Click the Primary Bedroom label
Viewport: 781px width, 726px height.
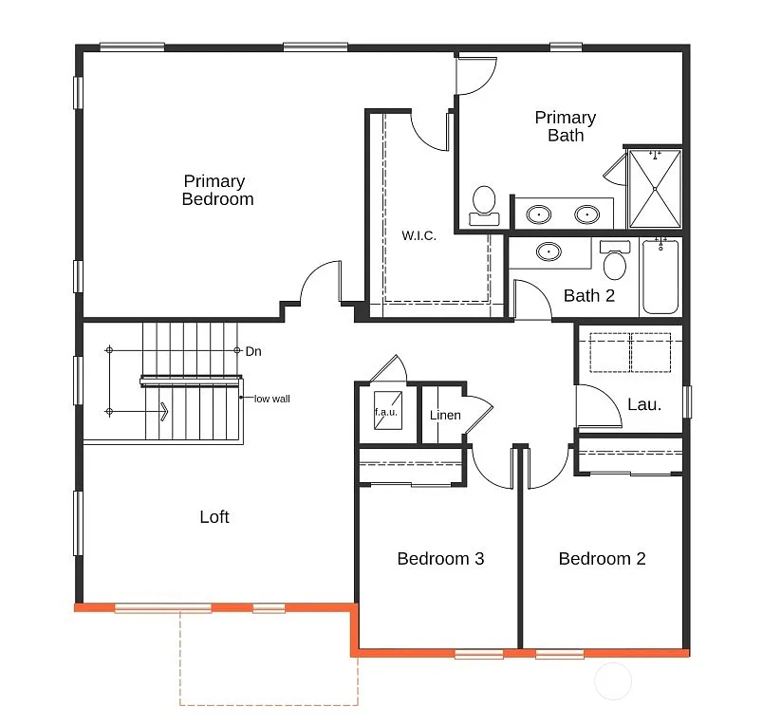[217, 190]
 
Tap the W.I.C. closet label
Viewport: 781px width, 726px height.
[418, 235]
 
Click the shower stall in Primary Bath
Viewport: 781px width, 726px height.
[655, 190]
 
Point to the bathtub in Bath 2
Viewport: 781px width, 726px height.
[660, 276]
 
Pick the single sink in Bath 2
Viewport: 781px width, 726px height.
[549, 252]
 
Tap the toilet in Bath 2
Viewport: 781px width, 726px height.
[615, 262]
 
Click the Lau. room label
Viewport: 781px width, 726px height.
[644, 404]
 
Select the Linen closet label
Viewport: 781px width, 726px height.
[445, 416]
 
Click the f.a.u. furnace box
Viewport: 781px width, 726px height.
[386, 411]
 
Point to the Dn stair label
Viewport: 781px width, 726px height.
[253, 351]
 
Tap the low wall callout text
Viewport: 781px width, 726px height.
[271, 399]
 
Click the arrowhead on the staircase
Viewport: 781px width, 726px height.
[164, 412]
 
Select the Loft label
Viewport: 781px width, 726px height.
[214, 517]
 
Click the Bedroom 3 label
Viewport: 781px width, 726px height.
[440, 559]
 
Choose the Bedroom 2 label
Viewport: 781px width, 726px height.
[602, 559]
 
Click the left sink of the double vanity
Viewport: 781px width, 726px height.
[540, 214]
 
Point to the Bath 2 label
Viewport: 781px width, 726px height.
[588, 296]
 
